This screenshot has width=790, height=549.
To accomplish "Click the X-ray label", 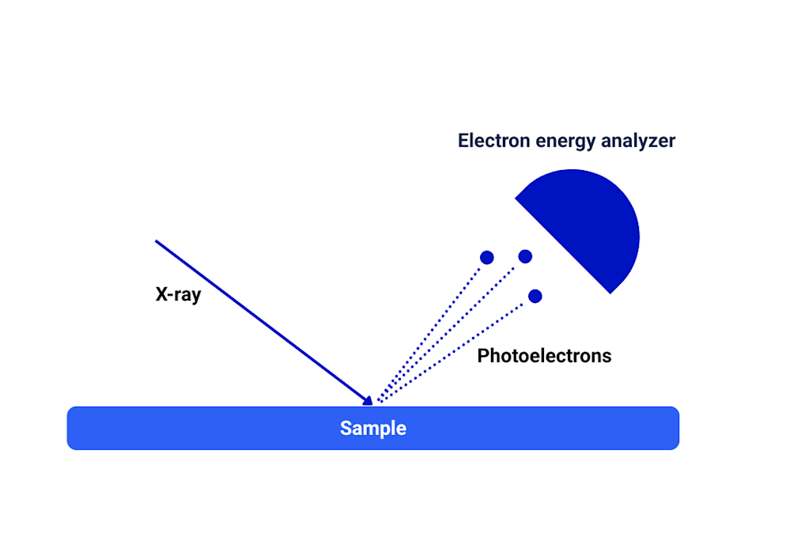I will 178,295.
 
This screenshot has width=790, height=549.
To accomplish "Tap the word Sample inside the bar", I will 372,428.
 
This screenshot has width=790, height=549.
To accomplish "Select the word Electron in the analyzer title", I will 493,141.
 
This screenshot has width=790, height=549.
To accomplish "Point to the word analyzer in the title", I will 640,142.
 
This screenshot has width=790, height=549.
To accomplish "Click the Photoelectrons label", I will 544,356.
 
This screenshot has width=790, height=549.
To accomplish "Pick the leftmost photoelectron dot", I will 487,257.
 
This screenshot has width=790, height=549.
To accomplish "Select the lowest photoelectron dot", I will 535,296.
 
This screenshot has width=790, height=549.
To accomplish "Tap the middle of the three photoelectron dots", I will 525,256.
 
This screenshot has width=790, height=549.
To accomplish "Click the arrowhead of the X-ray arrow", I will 367,400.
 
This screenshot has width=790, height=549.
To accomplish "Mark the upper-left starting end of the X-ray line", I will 157,240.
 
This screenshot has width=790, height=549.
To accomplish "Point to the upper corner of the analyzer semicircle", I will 516,198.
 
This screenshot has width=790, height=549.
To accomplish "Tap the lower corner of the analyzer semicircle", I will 610,293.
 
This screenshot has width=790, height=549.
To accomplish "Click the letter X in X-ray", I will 161,295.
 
